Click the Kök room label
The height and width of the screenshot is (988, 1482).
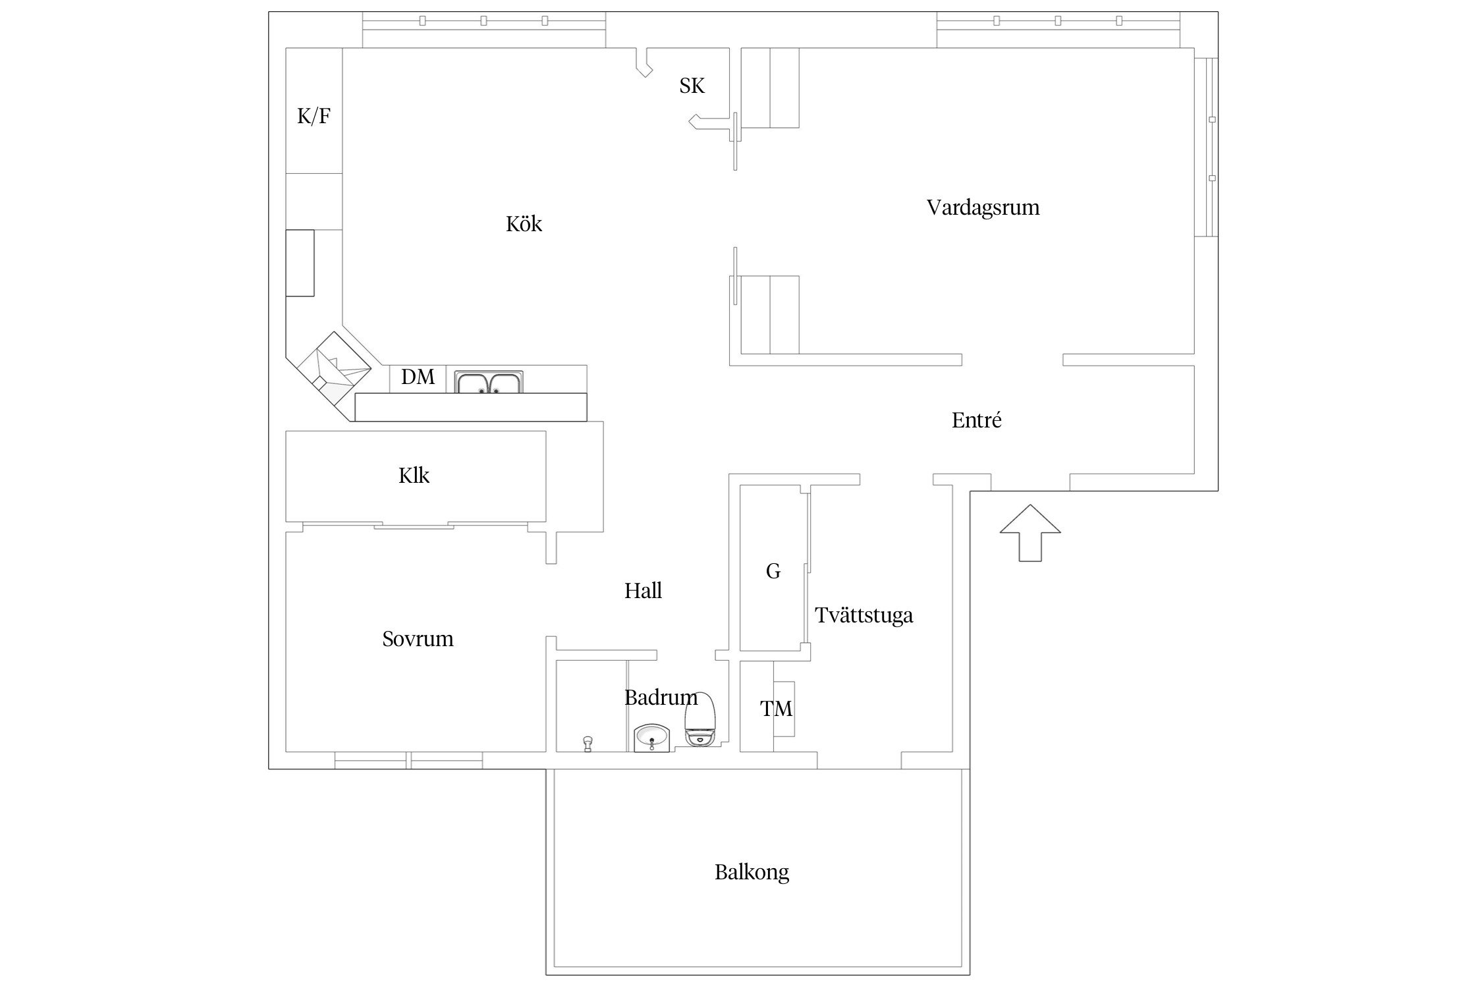point(524,224)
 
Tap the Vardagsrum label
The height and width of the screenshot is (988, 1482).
point(983,207)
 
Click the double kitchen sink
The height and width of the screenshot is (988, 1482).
point(489,383)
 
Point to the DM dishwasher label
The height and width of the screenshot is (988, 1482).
point(418,377)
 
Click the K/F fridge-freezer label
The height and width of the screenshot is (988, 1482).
point(314,117)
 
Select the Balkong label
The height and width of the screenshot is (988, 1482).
point(752,872)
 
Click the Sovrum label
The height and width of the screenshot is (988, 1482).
point(418,639)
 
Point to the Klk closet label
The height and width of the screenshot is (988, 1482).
point(414,476)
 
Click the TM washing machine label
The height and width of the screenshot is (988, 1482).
point(776,709)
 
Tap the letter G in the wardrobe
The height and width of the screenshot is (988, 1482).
point(773,571)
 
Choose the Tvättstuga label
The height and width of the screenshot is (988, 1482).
point(864,615)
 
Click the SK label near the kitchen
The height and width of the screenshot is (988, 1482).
point(692,86)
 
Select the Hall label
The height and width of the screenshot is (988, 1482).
point(643,591)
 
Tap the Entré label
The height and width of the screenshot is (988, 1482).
point(976,420)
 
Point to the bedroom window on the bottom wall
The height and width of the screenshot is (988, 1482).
point(408,760)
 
